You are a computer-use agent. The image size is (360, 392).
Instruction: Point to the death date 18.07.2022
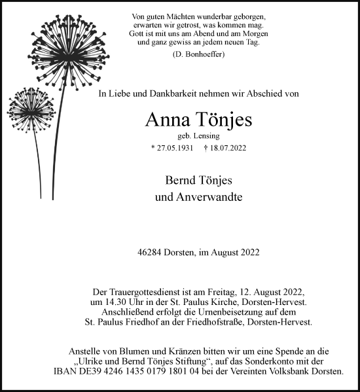pyautogui.click(x=230, y=148)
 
